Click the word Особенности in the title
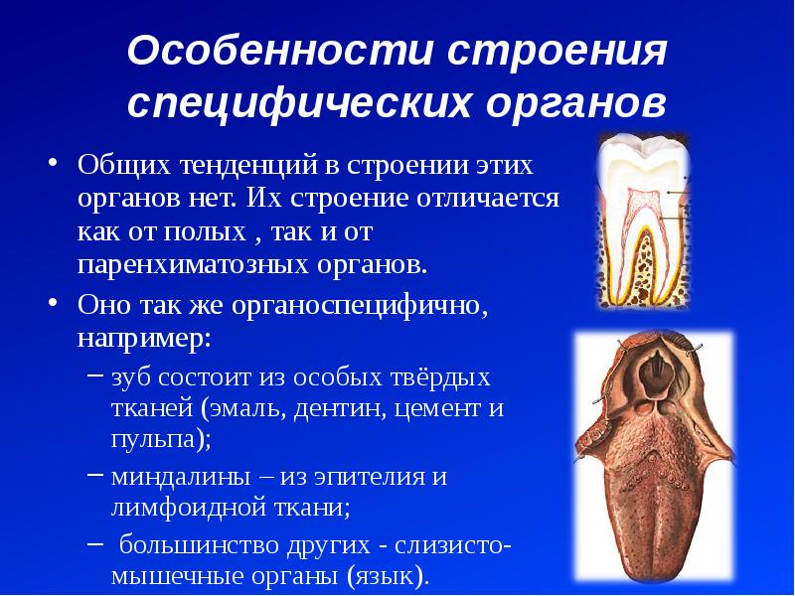coord(280,50)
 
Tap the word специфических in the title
coord(299,103)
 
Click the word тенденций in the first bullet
coord(248,166)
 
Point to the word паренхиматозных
coord(193,264)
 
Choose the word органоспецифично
coord(360,306)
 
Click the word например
coord(143,339)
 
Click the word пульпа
coord(156,439)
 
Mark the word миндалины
coord(181,478)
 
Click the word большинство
coord(201,545)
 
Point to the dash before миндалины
coord(94,476)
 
